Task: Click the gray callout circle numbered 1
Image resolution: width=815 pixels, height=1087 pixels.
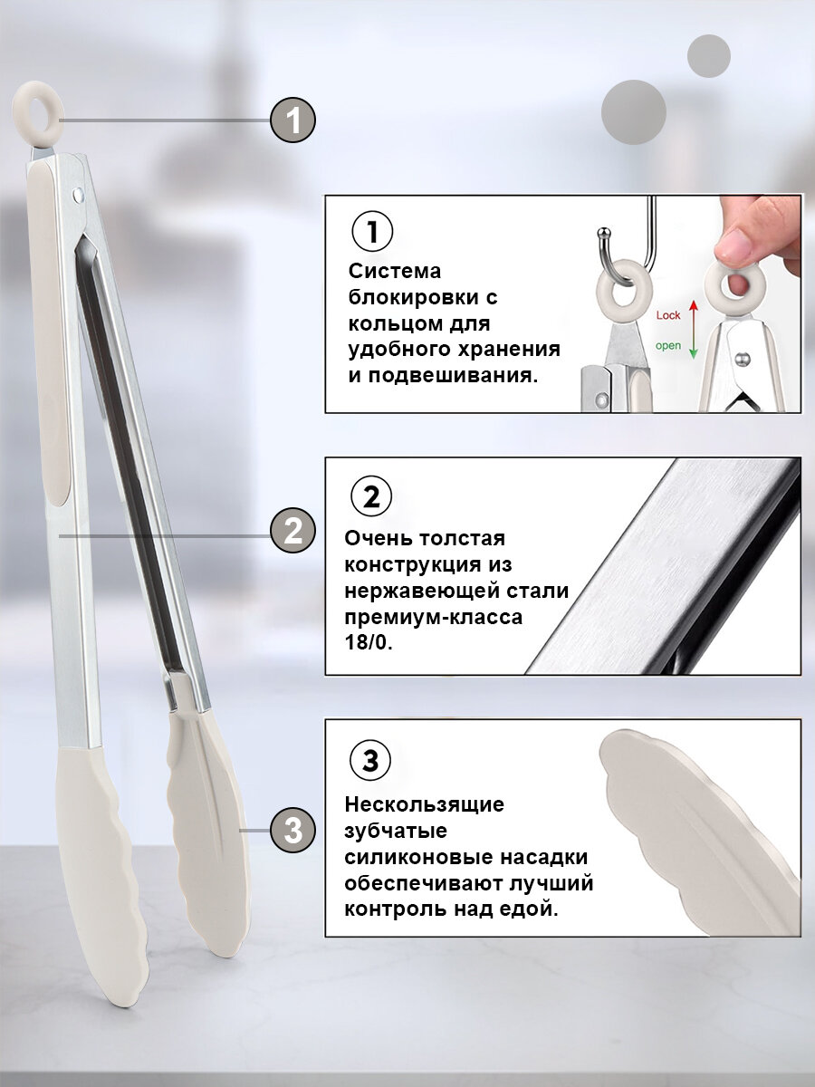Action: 292,120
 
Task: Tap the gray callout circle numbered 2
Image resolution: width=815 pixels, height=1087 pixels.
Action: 292,531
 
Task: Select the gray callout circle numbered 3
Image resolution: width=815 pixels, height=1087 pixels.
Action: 292,830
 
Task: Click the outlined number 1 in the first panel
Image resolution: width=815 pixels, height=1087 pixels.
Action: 370,233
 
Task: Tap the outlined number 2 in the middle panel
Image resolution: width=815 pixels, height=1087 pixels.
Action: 370,497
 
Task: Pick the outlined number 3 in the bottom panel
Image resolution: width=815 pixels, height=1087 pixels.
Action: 370,761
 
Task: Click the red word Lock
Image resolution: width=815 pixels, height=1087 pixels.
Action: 668,315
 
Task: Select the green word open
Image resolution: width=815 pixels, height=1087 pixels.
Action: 668,345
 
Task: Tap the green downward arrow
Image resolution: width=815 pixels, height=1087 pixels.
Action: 694,346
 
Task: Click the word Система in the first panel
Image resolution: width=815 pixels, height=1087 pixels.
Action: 395,272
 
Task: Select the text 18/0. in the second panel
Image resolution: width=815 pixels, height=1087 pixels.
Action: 368,643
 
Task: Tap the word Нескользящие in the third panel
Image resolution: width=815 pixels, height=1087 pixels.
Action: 425,803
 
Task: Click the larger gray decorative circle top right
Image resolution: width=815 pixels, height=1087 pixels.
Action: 634,111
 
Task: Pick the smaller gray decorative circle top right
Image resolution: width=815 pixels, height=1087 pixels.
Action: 708,55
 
